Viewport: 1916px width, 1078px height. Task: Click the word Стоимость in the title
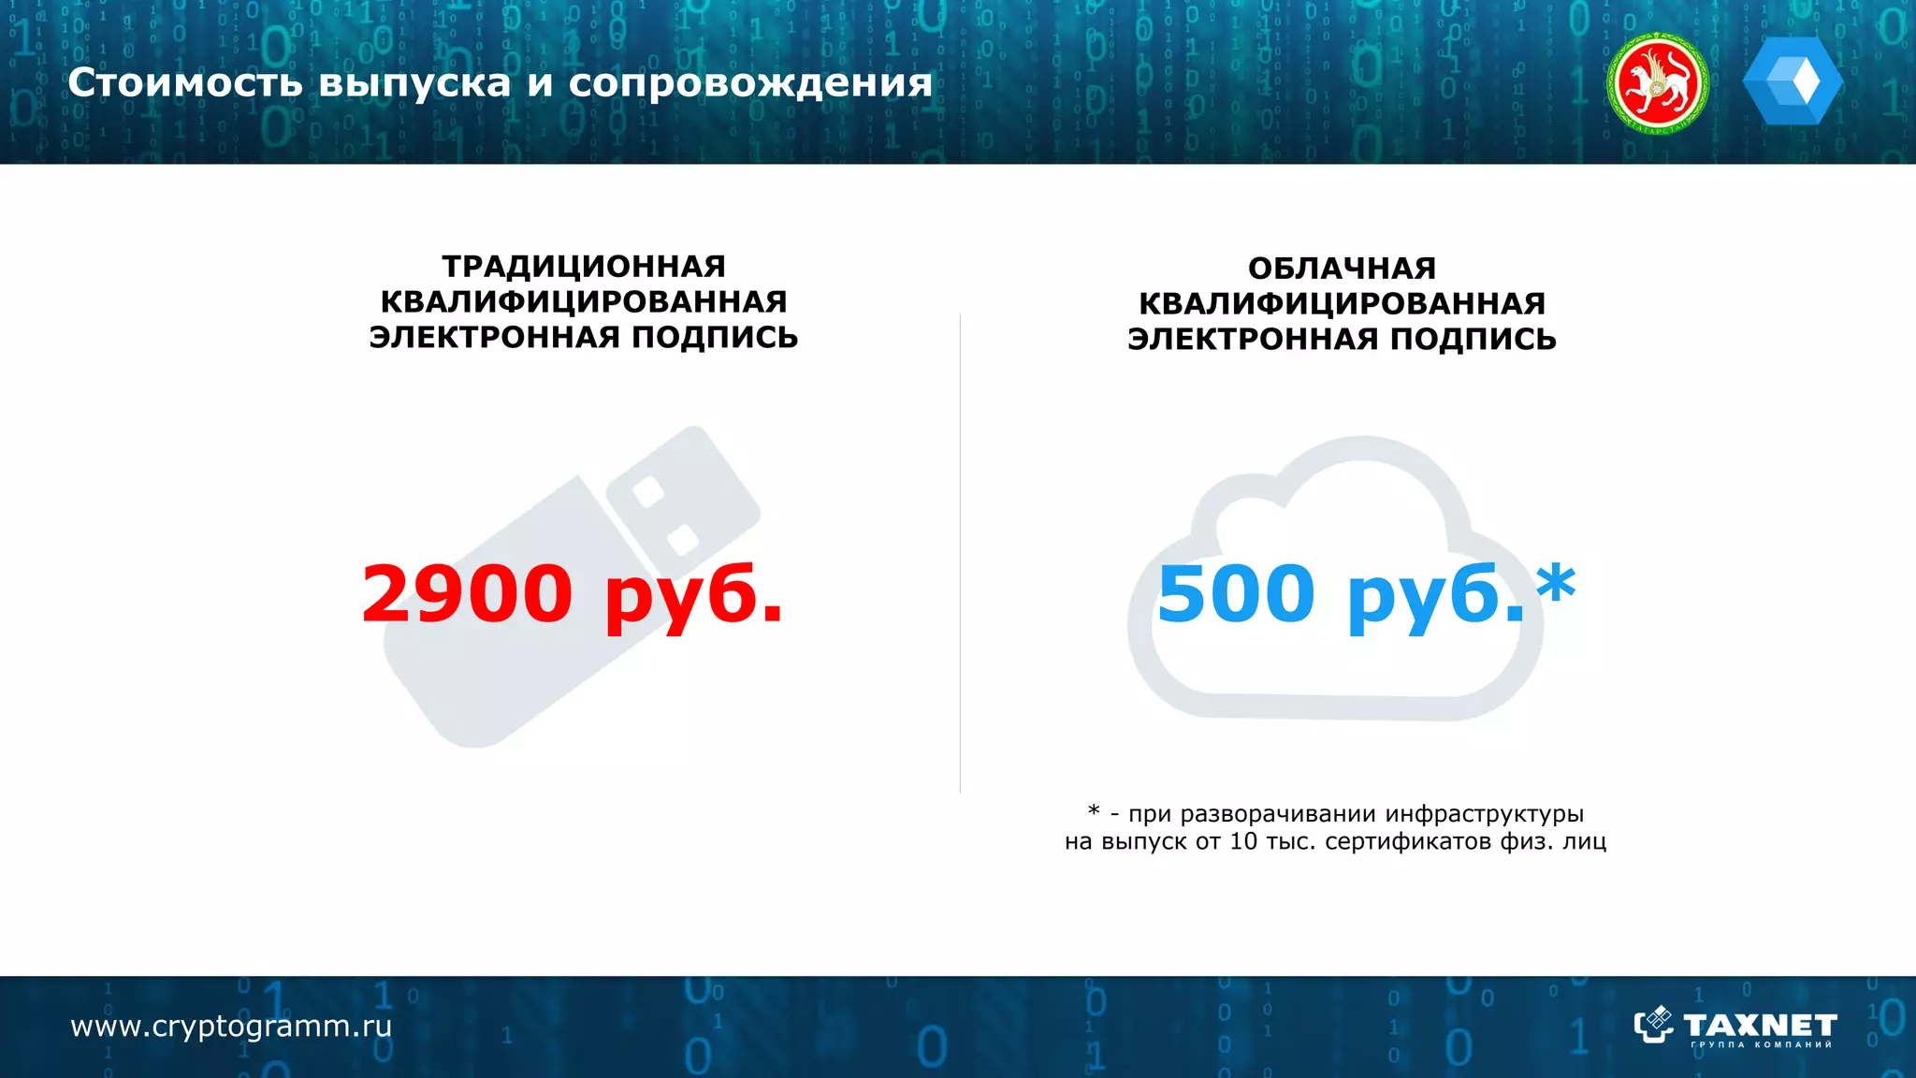tap(185, 83)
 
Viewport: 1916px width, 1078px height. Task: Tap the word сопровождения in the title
tap(750, 84)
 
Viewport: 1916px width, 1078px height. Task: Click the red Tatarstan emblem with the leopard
tap(1657, 83)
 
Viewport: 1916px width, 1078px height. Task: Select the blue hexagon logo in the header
tap(1793, 81)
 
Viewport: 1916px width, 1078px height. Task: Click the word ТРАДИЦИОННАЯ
tap(584, 267)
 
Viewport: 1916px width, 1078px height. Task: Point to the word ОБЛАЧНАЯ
tap(1342, 269)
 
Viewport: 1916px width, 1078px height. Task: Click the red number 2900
tap(467, 593)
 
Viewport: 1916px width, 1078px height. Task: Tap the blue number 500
tap(1236, 593)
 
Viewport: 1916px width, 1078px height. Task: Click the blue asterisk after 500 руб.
tap(1556, 585)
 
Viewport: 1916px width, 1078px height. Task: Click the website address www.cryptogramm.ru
tap(231, 1027)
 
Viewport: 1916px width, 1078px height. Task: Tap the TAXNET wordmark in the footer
tap(1759, 1025)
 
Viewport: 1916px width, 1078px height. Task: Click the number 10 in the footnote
tap(1243, 841)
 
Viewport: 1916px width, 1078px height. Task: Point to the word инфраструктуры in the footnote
tap(1484, 813)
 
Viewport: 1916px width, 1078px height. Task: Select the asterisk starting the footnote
tap(1094, 811)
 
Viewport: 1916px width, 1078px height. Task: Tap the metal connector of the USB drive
tap(683, 495)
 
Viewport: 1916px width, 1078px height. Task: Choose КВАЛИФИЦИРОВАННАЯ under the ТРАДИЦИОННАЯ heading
tap(584, 302)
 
